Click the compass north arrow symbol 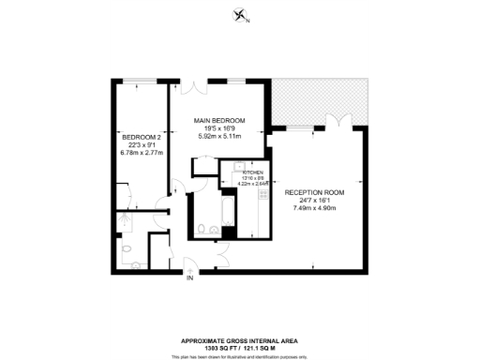click(240, 15)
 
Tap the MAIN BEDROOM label click(220, 121)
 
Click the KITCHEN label click(254, 172)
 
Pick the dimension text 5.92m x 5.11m click(220, 137)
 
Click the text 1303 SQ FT click(211, 347)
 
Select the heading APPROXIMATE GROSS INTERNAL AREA click(239, 339)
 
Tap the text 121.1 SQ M click(265, 347)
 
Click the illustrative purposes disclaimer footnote click(240, 355)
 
